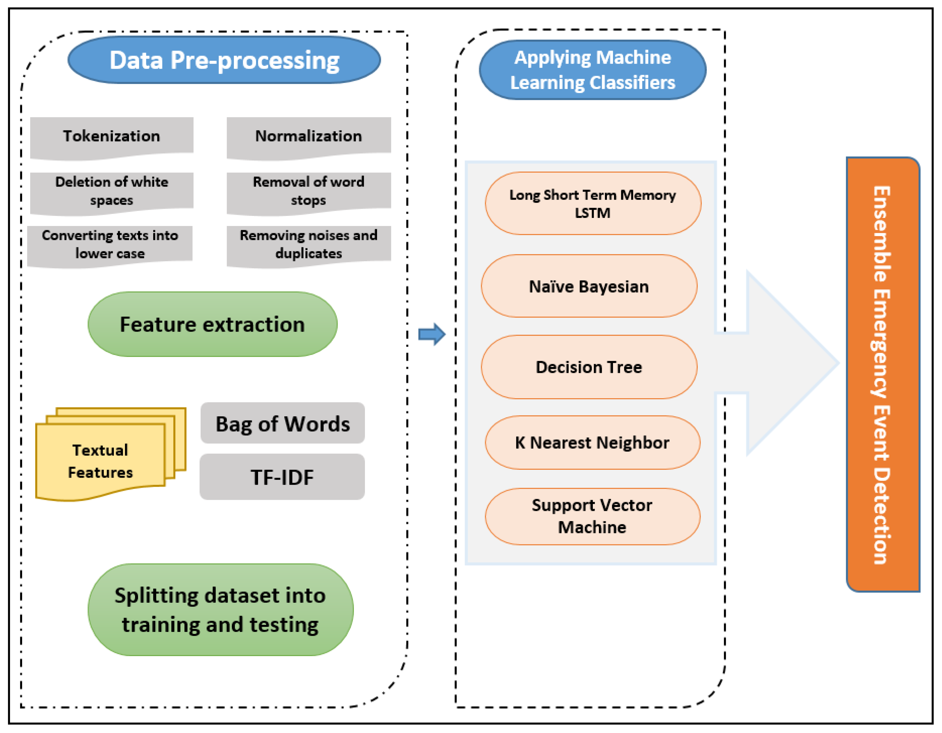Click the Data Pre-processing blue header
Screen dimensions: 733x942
click(x=224, y=60)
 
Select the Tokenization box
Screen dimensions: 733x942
click(x=111, y=136)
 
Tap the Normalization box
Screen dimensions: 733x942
click(x=308, y=136)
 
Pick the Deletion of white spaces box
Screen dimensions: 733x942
click(x=111, y=191)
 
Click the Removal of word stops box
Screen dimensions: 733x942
click(x=308, y=191)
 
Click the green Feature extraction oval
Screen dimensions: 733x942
click(x=212, y=324)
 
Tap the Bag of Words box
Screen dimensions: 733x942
click(x=282, y=423)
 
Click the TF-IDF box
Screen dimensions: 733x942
click(x=282, y=477)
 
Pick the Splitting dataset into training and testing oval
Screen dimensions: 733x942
click(x=220, y=610)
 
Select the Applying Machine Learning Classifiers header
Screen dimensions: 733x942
click(x=592, y=70)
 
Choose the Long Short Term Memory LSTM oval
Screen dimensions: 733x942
click(x=593, y=203)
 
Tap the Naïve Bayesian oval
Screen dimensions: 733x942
click(x=589, y=287)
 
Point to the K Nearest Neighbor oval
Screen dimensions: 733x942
click(x=592, y=442)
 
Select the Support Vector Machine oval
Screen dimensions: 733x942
click(x=592, y=516)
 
